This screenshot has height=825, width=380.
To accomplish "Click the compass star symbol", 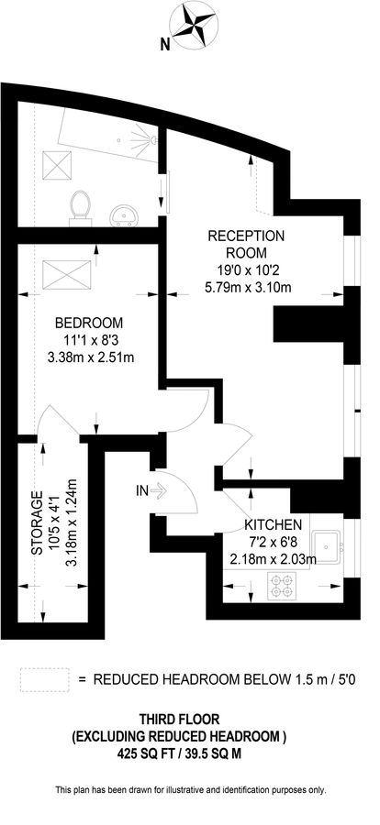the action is click(195, 26).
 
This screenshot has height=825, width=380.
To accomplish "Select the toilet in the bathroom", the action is click(80, 204).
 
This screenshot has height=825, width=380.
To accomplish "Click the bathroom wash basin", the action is click(124, 215).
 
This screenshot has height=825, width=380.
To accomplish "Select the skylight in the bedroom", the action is click(67, 273).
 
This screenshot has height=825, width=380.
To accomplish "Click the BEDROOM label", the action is click(90, 322).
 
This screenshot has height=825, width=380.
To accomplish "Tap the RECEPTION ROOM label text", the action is click(246, 244).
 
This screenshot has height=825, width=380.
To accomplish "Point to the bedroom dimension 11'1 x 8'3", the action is click(90, 340).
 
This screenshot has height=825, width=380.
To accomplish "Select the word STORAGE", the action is click(37, 523).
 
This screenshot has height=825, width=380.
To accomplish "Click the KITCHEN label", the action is click(273, 524).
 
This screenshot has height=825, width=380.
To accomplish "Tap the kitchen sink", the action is click(328, 548).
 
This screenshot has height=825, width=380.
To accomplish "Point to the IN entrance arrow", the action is click(159, 491).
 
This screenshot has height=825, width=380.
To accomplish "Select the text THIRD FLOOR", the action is click(179, 718).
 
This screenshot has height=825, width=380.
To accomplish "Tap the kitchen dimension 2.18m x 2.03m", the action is click(273, 560).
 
